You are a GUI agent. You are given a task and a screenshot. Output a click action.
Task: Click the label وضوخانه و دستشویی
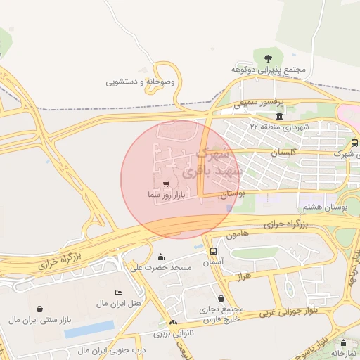140,82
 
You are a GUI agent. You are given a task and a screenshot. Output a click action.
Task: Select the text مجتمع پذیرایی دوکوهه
268,70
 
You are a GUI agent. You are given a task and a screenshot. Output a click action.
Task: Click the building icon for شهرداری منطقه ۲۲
280,115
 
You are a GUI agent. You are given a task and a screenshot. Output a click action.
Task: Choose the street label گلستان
284,152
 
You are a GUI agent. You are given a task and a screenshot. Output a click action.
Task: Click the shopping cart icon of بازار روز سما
165,184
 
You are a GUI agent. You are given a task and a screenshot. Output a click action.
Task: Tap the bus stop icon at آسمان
213,251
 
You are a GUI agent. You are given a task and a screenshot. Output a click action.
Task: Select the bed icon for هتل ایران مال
118,292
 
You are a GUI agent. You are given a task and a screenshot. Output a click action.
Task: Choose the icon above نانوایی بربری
173,322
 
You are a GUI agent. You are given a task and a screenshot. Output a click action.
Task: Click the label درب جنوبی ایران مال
111,349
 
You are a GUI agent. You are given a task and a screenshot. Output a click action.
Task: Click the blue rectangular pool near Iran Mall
89,328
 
